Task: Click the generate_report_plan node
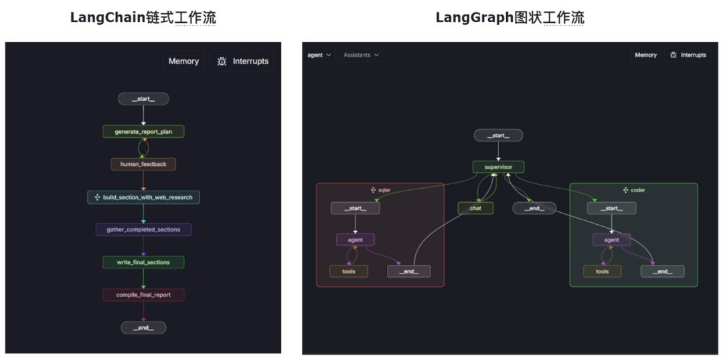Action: point(143,132)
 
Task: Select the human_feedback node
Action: point(143,164)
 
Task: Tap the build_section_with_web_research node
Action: point(143,197)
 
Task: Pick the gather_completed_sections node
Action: point(143,230)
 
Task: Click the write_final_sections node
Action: point(143,262)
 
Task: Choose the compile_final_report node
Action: point(143,295)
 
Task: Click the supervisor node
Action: point(498,167)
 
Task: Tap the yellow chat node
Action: point(475,208)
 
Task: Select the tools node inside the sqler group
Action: point(348,271)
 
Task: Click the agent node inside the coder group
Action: point(611,240)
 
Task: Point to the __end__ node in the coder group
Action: point(662,271)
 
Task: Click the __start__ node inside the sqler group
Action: point(355,208)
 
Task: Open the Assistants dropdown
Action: point(361,55)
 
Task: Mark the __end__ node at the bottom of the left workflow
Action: point(143,328)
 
